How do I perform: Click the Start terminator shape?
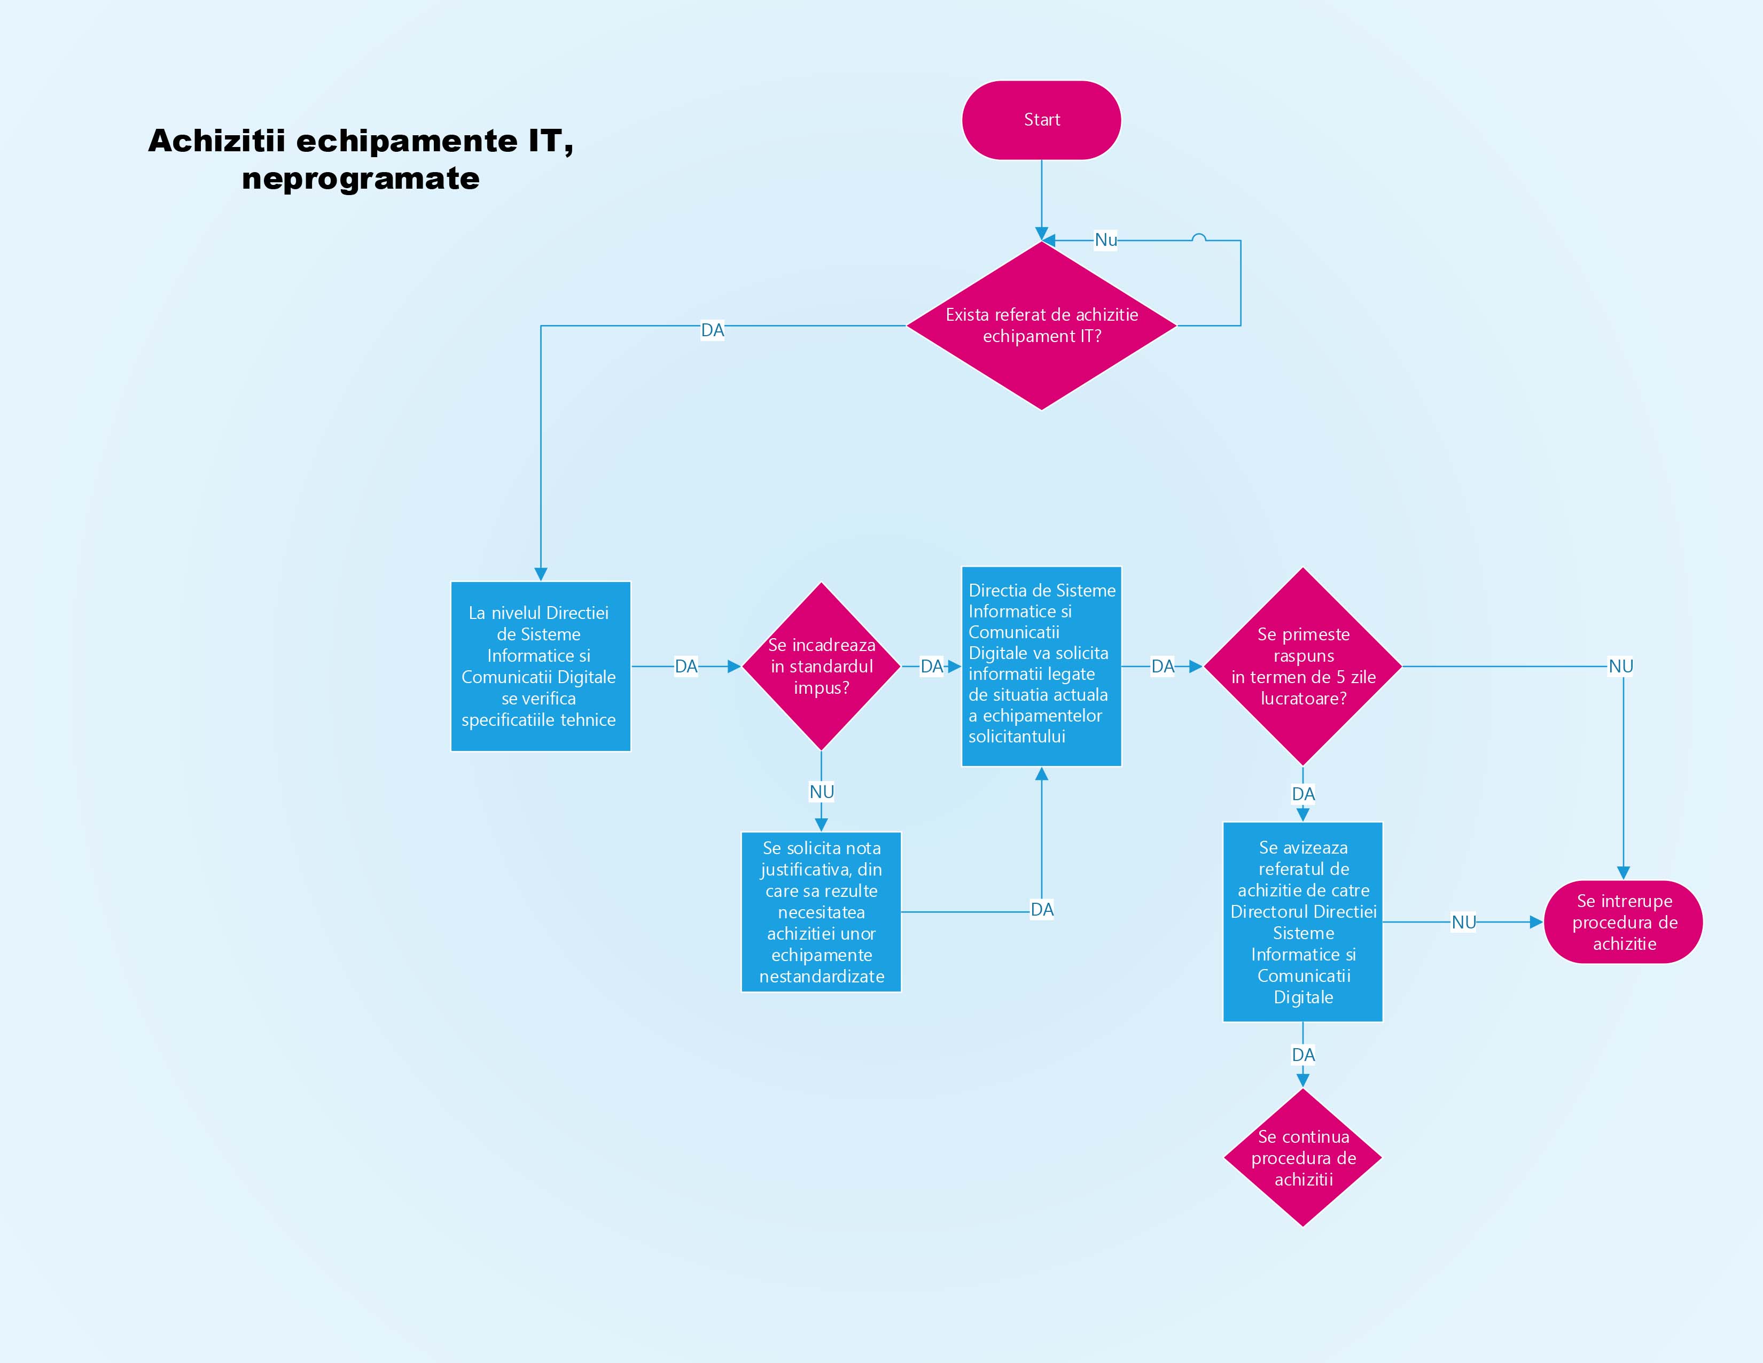click(1041, 120)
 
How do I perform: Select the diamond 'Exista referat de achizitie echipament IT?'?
click(1041, 326)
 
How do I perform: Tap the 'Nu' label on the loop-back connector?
click(1105, 240)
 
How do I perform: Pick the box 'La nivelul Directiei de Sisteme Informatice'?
click(540, 666)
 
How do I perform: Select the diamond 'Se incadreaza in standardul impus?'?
click(821, 666)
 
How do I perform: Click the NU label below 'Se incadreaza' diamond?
click(821, 791)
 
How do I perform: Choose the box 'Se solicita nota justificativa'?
click(821, 912)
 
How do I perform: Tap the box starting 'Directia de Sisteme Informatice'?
click(1041, 666)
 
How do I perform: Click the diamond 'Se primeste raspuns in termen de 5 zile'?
click(1303, 666)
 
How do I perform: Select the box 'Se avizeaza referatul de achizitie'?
click(1303, 921)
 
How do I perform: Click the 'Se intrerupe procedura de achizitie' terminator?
click(1624, 921)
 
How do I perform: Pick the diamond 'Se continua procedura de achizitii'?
click(1303, 1157)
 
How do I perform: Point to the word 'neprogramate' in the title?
click(360, 179)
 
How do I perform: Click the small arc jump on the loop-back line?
click(1199, 237)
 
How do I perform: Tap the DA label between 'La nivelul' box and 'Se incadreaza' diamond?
click(685, 666)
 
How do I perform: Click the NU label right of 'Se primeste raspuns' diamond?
click(1620, 666)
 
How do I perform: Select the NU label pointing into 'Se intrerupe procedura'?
click(1463, 921)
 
